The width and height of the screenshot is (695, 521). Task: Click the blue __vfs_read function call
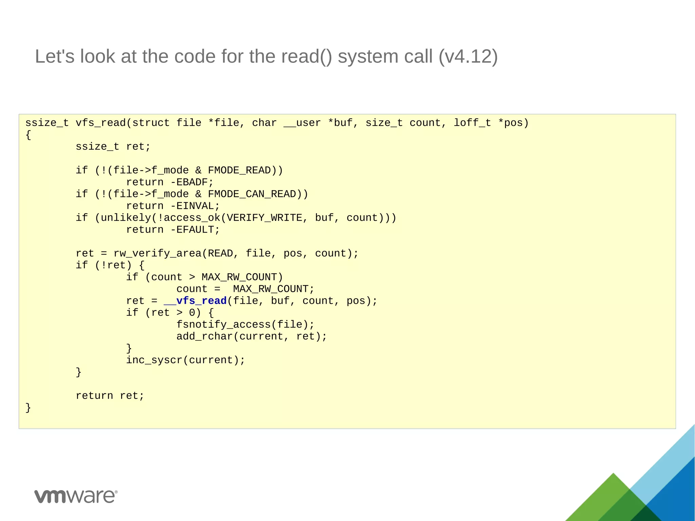tap(195, 301)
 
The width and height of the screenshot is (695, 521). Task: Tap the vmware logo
tap(76, 496)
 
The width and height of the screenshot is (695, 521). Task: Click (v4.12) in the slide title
tap(468, 56)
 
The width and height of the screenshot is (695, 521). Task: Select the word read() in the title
tap(307, 56)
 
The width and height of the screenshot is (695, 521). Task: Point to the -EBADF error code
tap(192, 183)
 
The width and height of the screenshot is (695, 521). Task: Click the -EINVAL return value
tap(195, 206)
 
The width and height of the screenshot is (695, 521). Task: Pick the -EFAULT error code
tap(195, 230)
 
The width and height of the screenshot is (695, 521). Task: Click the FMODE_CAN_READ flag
tap(252, 194)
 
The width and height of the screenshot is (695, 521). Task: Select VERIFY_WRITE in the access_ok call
tap(264, 218)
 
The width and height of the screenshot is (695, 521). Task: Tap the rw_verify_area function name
tap(157, 254)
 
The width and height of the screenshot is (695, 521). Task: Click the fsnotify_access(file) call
tap(245, 325)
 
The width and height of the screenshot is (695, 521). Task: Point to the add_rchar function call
tap(204, 337)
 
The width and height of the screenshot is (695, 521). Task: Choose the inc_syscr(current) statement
tap(185, 360)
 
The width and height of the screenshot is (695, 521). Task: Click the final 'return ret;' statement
tap(110, 396)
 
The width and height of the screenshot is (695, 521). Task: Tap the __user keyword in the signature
tap(302, 123)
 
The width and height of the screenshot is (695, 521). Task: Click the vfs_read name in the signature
tap(100, 123)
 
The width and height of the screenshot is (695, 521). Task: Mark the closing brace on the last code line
tap(28, 407)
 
